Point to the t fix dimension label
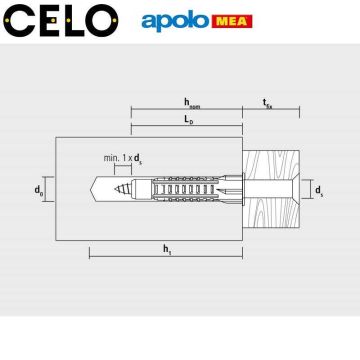pyautogui.click(x=268, y=101)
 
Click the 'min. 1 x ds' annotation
pyautogui.click(x=123, y=159)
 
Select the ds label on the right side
pyautogui.click(x=318, y=188)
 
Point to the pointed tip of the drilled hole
pyautogui.click(x=92, y=187)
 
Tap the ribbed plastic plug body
pyautogui.click(x=190, y=187)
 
